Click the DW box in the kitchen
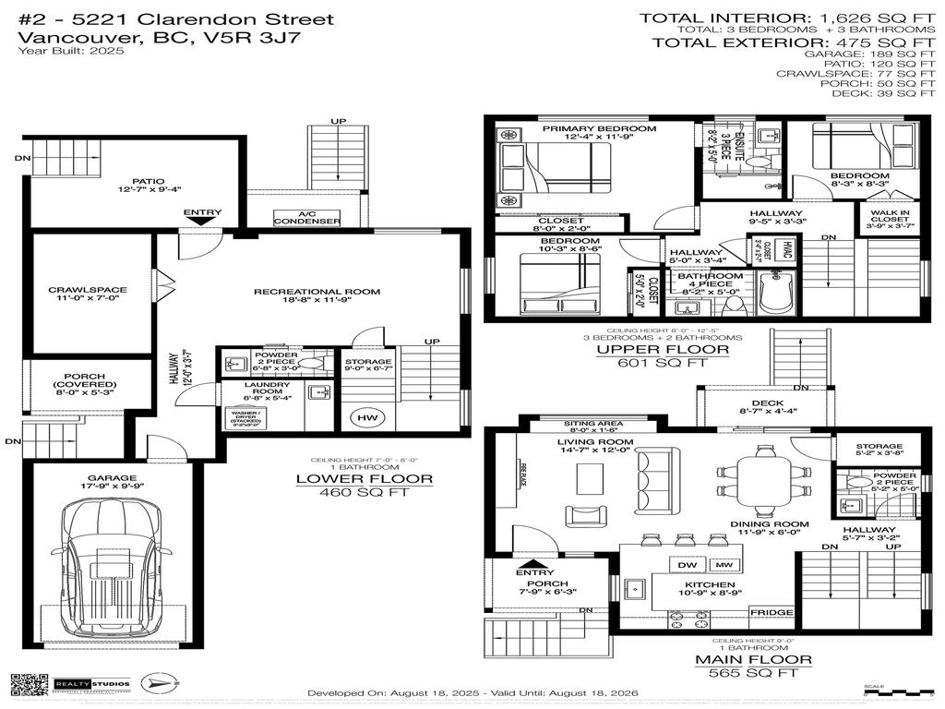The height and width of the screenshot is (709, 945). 688,564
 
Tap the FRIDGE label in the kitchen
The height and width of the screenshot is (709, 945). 771,613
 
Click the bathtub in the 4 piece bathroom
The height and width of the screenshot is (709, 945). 779,294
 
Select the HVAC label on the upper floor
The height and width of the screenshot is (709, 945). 787,251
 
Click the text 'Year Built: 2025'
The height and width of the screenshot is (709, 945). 70,51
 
